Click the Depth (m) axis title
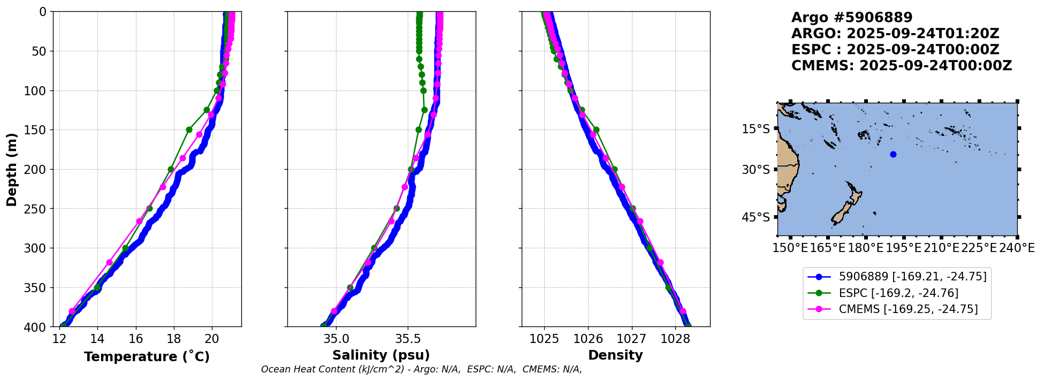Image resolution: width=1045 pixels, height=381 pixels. point(12,169)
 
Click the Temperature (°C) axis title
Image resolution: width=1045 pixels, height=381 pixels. point(147,357)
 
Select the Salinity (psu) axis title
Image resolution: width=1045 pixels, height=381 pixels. point(381,355)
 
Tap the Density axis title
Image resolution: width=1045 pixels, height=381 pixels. point(615,355)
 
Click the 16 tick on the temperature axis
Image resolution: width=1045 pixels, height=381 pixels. point(136,339)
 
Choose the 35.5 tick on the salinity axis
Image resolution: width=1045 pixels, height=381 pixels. point(408,339)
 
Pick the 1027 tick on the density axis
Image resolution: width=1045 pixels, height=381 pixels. point(631,339)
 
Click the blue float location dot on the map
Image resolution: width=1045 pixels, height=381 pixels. point(893,155)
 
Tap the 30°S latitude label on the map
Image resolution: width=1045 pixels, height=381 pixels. point(756,170)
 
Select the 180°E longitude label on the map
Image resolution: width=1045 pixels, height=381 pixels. point(865,248)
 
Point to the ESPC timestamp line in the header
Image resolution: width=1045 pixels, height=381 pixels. point(895,50)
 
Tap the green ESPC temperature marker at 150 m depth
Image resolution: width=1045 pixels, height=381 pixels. point(189,130)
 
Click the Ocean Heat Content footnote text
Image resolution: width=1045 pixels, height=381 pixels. point(421,370)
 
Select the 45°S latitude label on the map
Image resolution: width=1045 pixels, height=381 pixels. point(756,217)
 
